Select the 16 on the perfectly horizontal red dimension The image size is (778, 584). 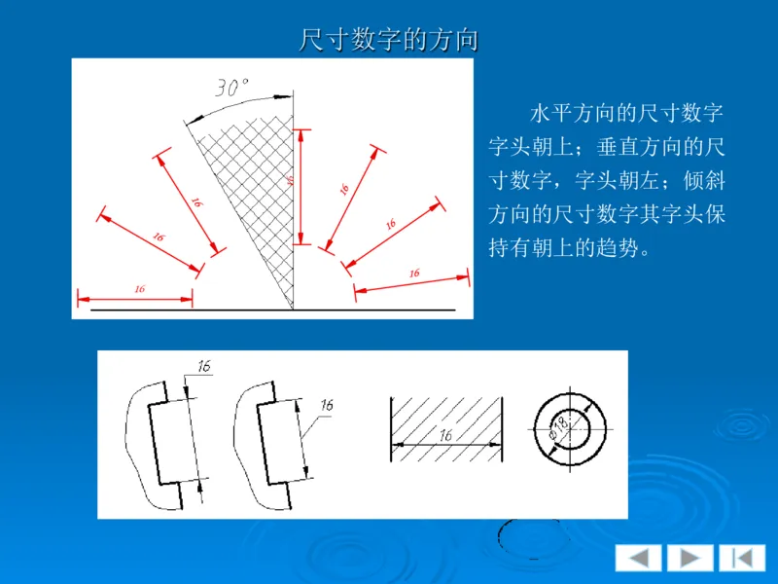(x=139, y=289)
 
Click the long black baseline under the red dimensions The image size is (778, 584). (x=272, y=310)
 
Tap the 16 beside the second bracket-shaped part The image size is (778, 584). (x=326, y=404)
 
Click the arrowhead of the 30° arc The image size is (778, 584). (x=286, y=97)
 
